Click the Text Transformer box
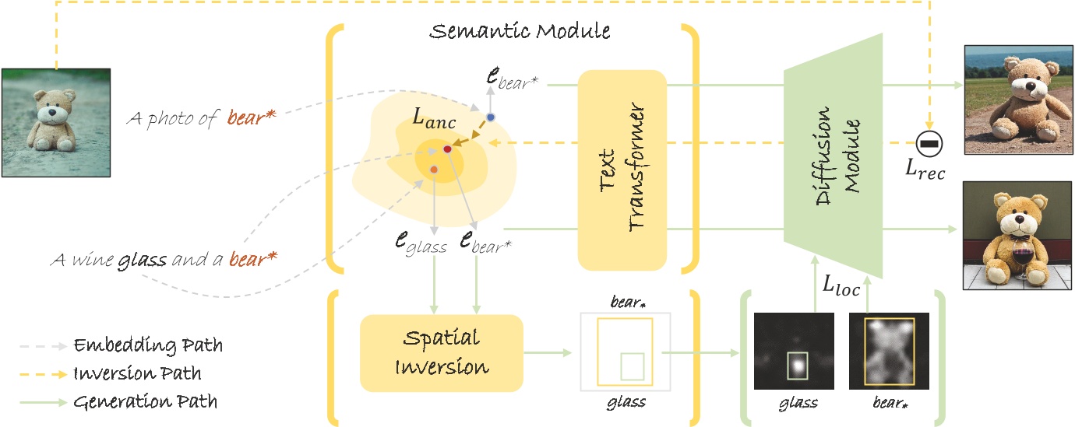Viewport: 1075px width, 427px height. coord(622,170)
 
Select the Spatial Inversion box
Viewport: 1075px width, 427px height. coord(442,352)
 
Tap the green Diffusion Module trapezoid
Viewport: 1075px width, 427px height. coord(834,156)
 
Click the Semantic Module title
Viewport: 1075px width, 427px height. coord(520,32)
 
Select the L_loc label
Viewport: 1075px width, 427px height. coord(841,287)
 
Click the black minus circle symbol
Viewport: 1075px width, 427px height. coord(929,143)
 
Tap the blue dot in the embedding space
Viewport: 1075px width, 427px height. coord(490,117)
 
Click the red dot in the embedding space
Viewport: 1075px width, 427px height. coord(447,149)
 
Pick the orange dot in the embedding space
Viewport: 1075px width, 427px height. coord(434,169)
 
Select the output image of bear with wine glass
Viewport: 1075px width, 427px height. coord(1017,236)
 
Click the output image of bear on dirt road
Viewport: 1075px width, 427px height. coord(1017,100)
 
